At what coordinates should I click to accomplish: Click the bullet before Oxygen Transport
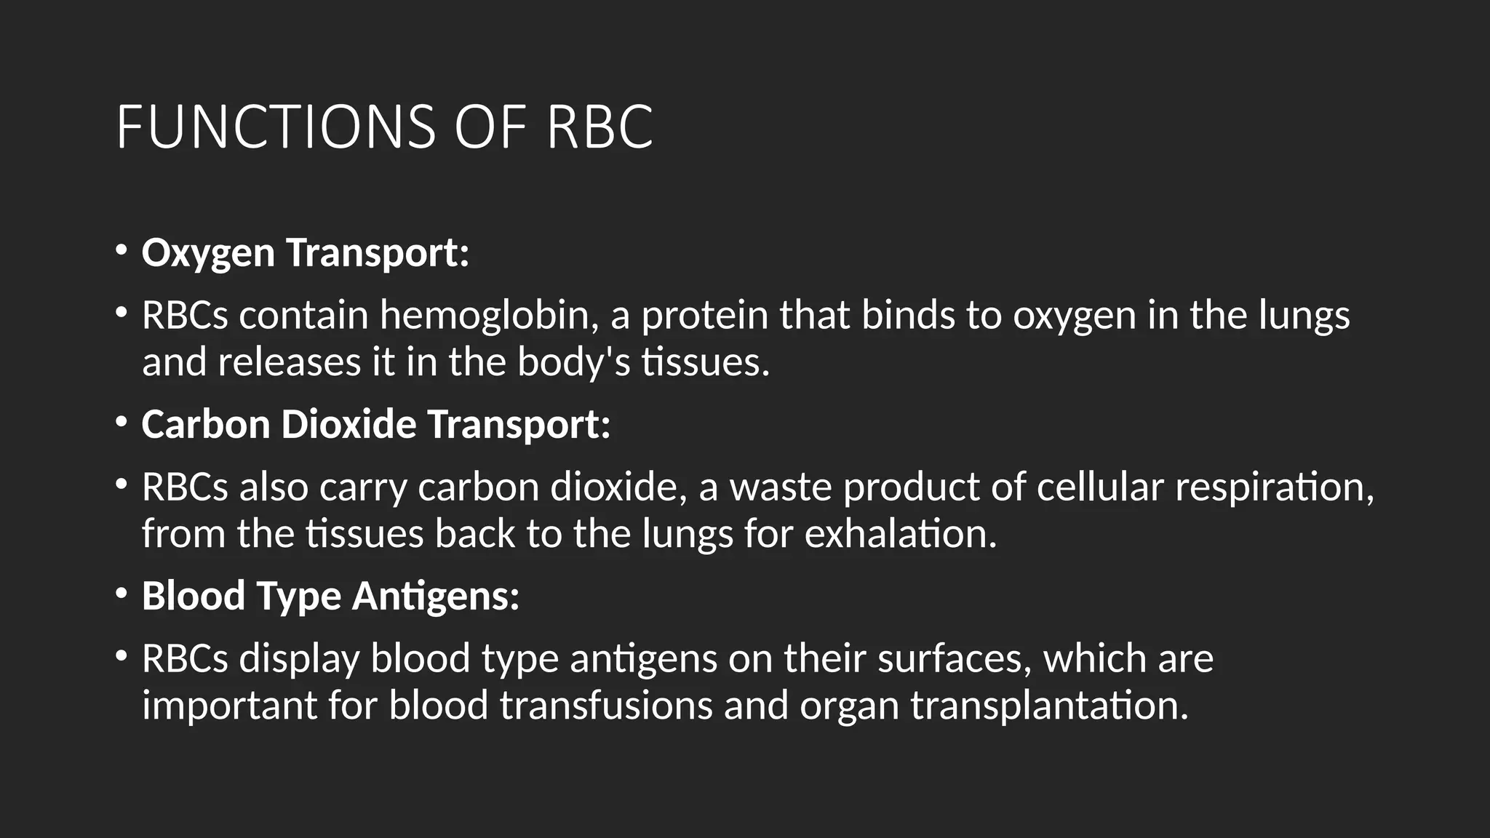[x=121, y=251]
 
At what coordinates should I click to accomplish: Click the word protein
[x=704, y=316]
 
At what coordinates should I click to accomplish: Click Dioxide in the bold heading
[x=348, y=424]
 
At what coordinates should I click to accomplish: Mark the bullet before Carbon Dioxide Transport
[x=121, y=423]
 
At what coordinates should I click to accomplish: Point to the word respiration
[x=1274, y=487]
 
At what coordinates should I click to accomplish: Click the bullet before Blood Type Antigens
[x=121, y=594]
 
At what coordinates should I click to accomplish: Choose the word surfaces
[x=955, y=659]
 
